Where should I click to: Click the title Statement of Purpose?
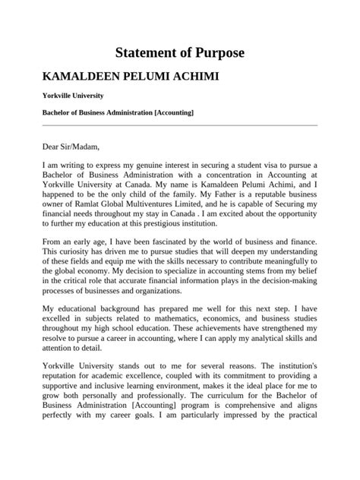click(x=179, y=53)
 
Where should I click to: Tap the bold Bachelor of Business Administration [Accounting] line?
click(x=118, y=113)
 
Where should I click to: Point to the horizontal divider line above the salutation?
click(x=179, y=125)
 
